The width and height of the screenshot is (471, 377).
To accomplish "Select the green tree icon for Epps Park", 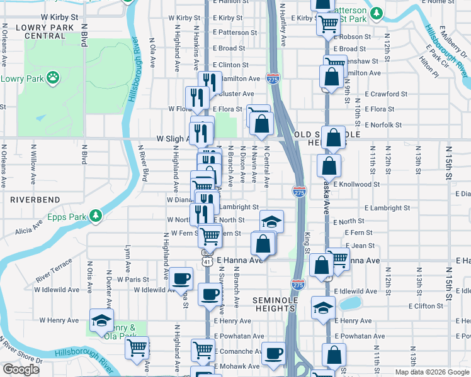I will (95, 217).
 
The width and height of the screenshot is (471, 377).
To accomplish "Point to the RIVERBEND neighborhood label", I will (35, 199).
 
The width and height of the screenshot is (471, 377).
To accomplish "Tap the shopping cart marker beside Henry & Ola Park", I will (137, 347).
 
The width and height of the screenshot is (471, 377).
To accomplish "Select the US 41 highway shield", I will (207, 260).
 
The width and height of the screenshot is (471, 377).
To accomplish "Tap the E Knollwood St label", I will (358, 185).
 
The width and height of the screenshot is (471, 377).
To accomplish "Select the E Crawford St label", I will (387, 94).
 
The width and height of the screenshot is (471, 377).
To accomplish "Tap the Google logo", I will (21, 369).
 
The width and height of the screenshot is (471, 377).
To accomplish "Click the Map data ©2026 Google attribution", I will (431, 372).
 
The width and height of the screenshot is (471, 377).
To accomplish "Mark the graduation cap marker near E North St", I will (271, 221).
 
